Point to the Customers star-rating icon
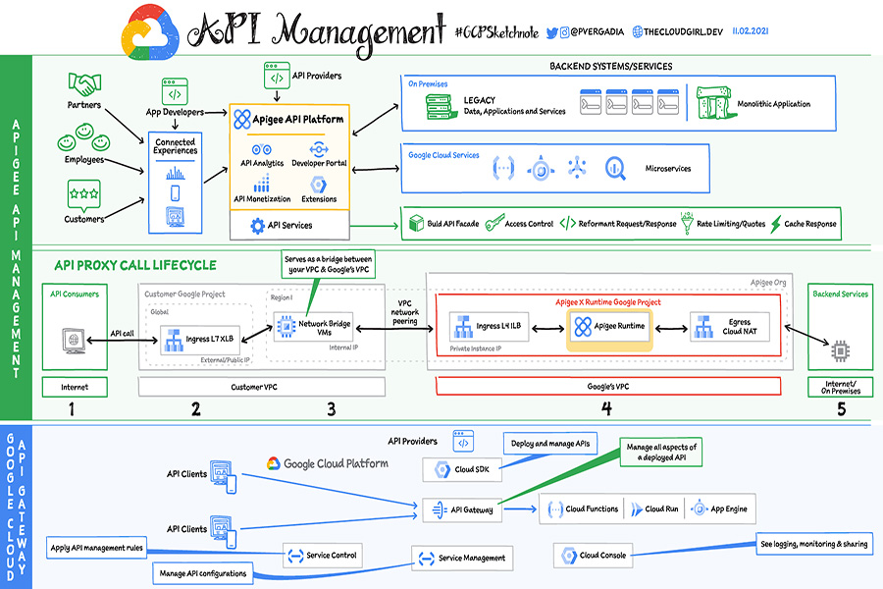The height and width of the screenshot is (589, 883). click(x=84, y=193)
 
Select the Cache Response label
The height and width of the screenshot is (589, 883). click(x=810, y=224)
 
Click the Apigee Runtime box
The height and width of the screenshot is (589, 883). click(x=608, y=326)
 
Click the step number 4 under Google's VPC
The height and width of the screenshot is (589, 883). click(x=606, y=408)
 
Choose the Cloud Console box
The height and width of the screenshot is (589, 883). click(x=595, y=556)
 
